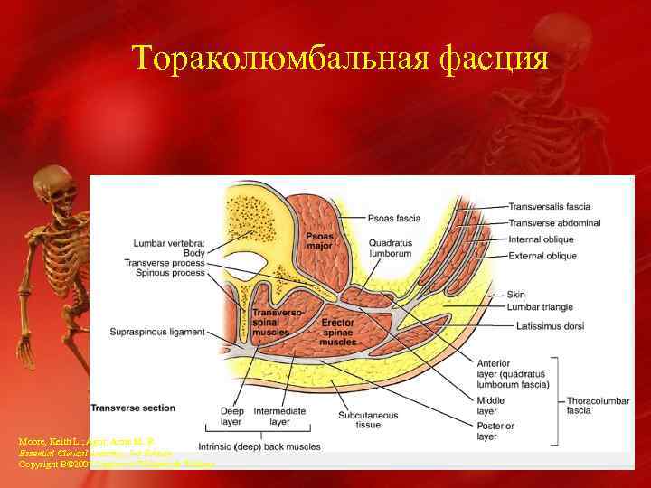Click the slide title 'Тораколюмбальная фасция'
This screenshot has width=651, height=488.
tap(340, 59)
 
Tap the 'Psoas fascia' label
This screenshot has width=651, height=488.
tap(393, 217)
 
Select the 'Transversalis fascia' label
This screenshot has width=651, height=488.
tap(550, 206)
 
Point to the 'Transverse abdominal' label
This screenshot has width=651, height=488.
tap(552, 223)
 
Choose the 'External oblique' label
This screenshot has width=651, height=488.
tap(543, 256)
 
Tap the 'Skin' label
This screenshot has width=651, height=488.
tap(517, 295)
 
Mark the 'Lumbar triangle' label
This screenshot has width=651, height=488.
tap(538, 307)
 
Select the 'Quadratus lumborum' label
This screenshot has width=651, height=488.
tap(390, 249)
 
